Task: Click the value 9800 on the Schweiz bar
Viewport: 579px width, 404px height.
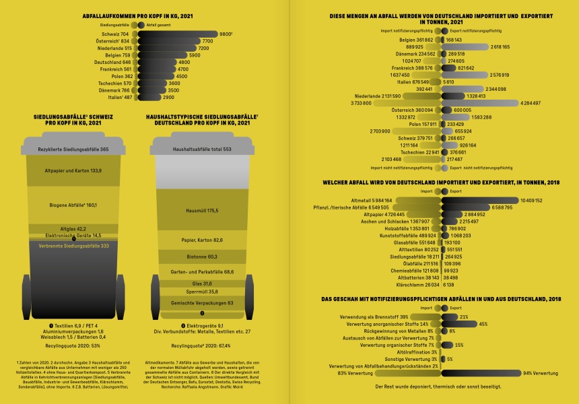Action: [x=226, y=34]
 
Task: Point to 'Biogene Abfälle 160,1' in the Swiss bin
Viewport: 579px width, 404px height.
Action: [x=73, y=205]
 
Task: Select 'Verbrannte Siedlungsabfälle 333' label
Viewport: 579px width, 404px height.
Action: [x=73, y=246]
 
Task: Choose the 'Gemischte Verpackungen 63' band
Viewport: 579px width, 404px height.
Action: [x=203, y=303]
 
